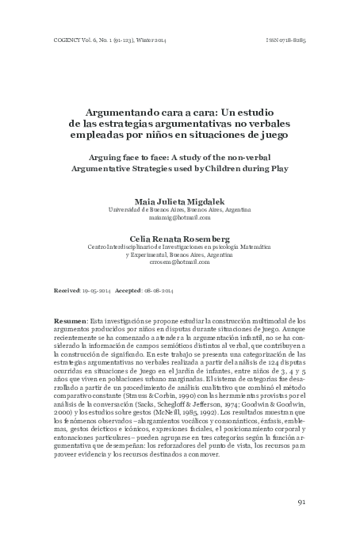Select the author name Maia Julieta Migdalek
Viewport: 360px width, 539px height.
179,201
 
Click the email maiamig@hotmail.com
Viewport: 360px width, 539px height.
179,217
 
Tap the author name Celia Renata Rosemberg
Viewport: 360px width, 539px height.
179,238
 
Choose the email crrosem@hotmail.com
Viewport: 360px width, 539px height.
179,261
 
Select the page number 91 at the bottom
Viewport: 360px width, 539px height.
301,502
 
